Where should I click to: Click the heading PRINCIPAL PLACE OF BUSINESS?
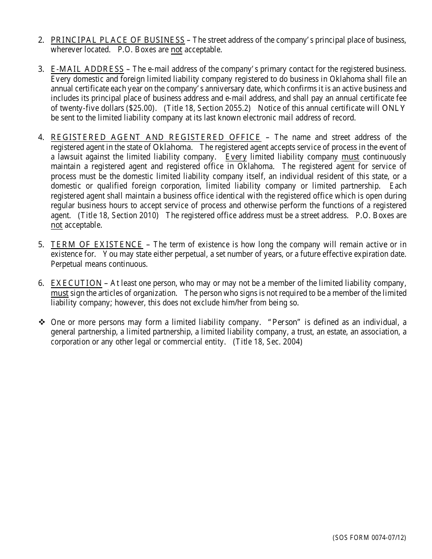[x=118, y=40]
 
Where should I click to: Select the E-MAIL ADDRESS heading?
[x=87, y=69]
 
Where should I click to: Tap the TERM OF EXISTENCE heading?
[x=96, y=245]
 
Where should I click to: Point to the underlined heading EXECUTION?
[x=76, y=284]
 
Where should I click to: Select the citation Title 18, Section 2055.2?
[x=207, y=108]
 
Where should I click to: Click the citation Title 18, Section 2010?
[x=118, y=215]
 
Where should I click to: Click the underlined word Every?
[x=236, y=157]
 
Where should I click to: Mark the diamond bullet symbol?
[x=42, y=322]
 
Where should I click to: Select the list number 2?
[x=41, y=40]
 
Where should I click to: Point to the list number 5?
[x=41, y=245]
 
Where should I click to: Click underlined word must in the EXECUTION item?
[x=60, y=293]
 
